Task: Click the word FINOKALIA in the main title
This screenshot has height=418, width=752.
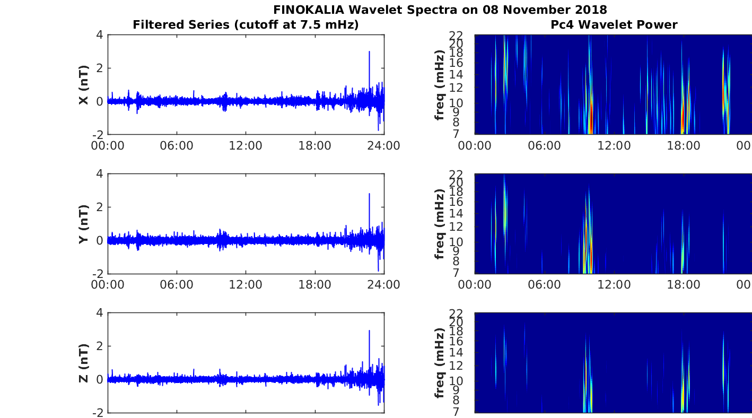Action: point(309,10)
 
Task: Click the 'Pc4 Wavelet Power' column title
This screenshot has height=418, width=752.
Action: point(614,24)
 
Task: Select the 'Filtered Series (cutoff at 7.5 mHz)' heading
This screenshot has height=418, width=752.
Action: point(246,24)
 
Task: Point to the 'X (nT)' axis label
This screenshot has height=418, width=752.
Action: point(84,84)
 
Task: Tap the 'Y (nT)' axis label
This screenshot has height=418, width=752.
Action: point(84,224)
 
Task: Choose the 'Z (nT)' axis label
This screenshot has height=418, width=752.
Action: point(84,363)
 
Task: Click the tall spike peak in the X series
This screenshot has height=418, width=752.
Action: point(369,51)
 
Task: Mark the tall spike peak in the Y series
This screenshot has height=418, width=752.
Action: point(369,194)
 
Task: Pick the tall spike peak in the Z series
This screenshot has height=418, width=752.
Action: point(369,330)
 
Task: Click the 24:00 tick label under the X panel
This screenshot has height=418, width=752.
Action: point(384,146)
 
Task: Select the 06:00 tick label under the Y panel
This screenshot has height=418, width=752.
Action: point(177,285)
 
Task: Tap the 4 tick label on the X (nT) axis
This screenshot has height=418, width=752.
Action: point(100,34)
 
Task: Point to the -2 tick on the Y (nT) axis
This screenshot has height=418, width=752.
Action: point(98,274)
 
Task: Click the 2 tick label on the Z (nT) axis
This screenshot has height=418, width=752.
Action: point(100,346)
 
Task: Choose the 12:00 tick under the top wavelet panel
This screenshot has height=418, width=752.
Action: point(614,146)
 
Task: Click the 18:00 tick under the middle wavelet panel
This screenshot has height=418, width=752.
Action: point(684,285)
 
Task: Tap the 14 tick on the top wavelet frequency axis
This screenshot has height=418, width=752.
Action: point(456,75)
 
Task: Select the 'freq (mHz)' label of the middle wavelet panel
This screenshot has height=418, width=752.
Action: point(440,224)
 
